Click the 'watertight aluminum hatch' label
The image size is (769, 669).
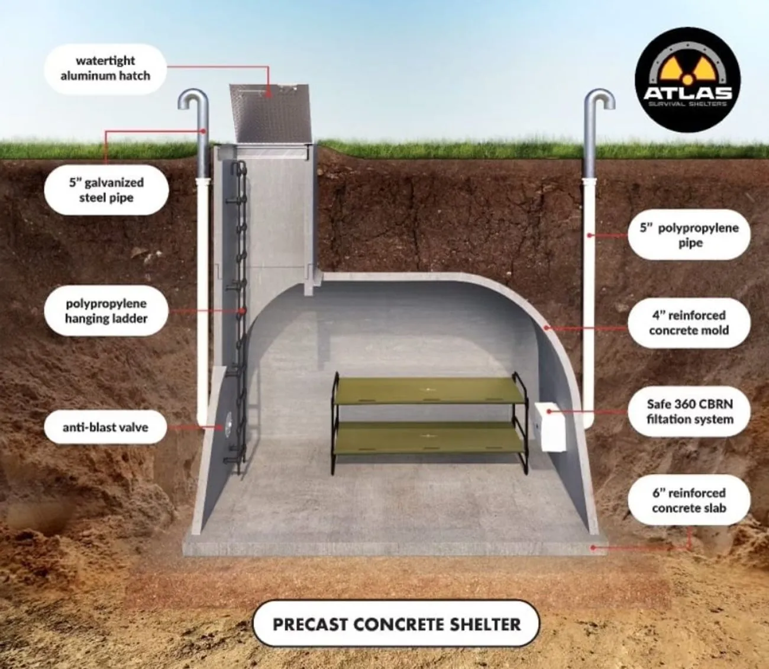click(x=105, y=69)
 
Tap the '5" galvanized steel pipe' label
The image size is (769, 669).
click(x=106, y=190)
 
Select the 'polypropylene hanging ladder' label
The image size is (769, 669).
click(x=106, y=311)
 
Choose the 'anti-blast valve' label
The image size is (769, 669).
click(x=105, y=427)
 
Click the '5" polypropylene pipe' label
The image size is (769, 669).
click(x=689, y=235)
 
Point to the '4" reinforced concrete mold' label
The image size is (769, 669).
click(x=689, y=323)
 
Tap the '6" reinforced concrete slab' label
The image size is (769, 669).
click(x=689, y=500)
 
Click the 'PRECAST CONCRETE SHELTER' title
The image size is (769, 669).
click(x=396, y=625)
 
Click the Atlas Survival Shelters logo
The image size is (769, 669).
click(x=688, y=80)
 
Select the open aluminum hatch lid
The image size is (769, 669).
click(x=270, y=113)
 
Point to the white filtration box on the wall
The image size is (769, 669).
click(x=550, y=427)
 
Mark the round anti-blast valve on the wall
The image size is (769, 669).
click(x=228, y=424)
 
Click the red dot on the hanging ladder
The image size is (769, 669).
click(x=243, y=311)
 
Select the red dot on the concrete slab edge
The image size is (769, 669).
click(x=593, y=548)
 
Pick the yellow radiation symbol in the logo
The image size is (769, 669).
click(x=688, y=70)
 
